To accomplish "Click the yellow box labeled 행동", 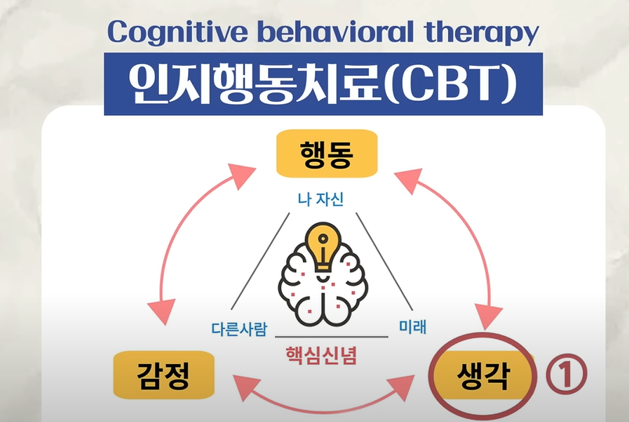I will [327, 153].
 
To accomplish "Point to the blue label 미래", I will [413, 326].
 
